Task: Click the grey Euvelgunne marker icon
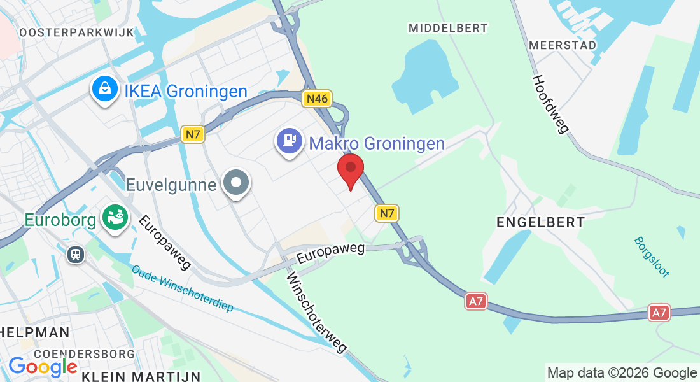(x=237, y=183)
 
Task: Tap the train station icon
(x=76, y=255)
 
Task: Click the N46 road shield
(x=318, y=98)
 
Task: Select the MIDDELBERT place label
(x=448, y=28)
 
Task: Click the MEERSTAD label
(x=563, y=45)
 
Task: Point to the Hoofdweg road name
(x=550, y=104)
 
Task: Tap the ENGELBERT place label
(x=540, y=222)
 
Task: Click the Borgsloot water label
(x=652, y=257)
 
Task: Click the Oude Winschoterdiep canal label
(x=183, y=288)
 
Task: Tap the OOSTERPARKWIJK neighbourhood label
(x=76, y=32)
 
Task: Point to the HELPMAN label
(x=34, y=332)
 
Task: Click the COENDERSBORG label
(x=84, y=353)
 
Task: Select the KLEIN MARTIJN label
(x=141, y=376)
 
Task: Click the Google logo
(x=43, y=367)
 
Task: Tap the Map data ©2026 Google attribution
(x=622, y=372)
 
